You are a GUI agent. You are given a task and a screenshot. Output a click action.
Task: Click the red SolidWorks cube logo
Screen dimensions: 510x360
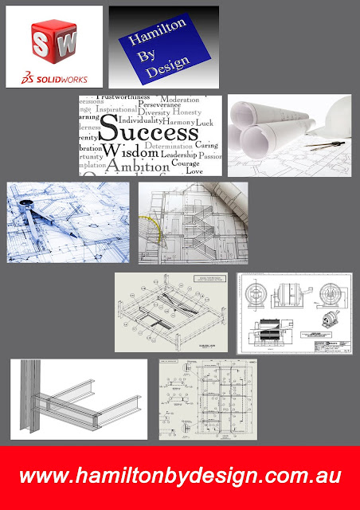click(x=53, y=39)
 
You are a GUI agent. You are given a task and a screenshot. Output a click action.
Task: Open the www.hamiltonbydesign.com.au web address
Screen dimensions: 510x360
click(x=181, y=476)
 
